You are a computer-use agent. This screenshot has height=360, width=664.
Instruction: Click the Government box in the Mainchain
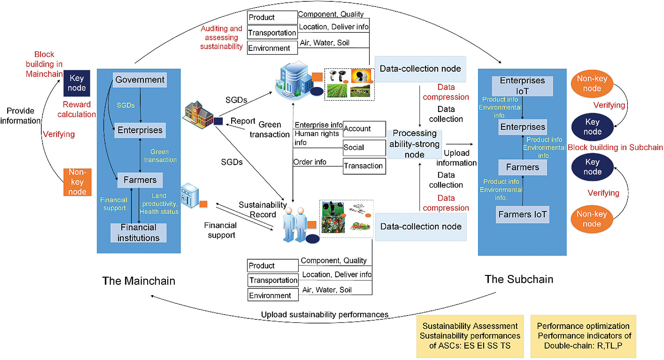point(140,80)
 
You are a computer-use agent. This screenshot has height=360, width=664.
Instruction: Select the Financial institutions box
point(138,233)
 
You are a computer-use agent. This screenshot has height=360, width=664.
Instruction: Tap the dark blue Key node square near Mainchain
point(77,83)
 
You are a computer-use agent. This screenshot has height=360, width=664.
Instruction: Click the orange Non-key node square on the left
point(77,182)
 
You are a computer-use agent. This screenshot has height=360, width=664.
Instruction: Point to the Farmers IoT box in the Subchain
point(522,214)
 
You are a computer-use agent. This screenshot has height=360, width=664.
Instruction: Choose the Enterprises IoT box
point(522,86)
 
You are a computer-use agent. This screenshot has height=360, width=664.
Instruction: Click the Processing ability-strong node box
point(414,144)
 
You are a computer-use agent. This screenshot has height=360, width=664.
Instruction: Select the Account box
point(364,129)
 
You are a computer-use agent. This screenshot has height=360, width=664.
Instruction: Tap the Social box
point(364,148)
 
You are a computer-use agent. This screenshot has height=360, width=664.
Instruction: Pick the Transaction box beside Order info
point(364,166)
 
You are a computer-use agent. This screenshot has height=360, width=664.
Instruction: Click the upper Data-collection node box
point(420,69)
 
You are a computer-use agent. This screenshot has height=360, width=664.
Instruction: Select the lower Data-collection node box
point(421,226)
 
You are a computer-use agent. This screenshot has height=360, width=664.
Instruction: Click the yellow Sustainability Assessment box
point(470,336)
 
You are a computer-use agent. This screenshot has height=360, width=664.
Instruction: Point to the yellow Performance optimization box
point(583,336)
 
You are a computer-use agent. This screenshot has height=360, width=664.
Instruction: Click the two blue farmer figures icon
point(295,224)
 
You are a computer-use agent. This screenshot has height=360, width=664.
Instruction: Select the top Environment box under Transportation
point(272,48)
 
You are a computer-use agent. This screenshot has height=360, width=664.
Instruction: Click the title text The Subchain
point(519,279)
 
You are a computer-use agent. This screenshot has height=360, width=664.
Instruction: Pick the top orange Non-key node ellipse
point(592,84)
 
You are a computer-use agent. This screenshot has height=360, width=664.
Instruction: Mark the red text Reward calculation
point(76,109)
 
